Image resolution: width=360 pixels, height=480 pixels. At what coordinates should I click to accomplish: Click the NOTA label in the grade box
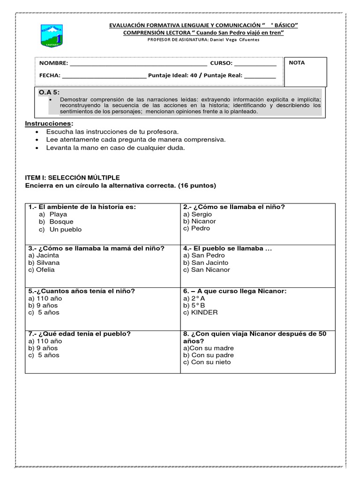pyautogui.click(x=297, y=62)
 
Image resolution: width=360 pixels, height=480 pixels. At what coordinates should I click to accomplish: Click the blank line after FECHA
pyautogui.click(x=104, y=75)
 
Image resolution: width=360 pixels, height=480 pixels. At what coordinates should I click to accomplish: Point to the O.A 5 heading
pyautogui.click(x=49, y=93)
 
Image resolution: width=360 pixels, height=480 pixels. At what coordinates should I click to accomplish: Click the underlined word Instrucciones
pyautogui.click(x=49, y=123)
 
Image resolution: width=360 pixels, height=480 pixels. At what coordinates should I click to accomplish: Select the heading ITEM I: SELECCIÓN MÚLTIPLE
pyautogui.click(x=73, y=178)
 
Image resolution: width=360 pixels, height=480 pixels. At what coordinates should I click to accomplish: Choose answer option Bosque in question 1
pyautogui.click(x=61, y=222)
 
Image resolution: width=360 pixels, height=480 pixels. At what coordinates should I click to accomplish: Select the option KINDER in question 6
pyautogui.click(x=201, y=312)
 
